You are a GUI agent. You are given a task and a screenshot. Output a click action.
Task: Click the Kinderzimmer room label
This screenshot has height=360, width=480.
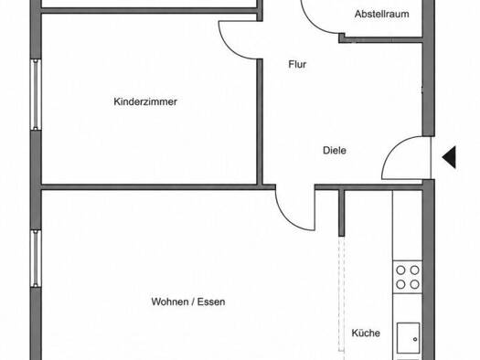click(145, 101)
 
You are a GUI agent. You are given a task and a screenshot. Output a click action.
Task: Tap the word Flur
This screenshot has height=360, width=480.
click(297, 64)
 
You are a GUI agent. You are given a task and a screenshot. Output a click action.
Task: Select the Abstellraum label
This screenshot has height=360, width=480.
click(382, 14)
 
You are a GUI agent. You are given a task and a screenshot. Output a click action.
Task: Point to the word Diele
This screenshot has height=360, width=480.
click(335, 150)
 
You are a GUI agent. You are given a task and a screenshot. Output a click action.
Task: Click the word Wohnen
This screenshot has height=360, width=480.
click(169, 302)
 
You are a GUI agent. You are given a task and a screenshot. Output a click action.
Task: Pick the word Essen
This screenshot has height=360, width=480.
click(211, 302)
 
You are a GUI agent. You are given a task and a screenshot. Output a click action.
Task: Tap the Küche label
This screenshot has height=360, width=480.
click(366, 333)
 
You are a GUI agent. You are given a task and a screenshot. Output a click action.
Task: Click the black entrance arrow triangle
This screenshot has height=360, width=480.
click(449, 157)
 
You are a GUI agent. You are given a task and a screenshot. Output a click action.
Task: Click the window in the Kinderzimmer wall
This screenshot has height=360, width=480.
click(36, 95)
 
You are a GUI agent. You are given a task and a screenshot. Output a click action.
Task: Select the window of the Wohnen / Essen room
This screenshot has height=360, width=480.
click(36, 259)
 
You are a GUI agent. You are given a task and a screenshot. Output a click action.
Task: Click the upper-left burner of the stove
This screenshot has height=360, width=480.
click(400, 270)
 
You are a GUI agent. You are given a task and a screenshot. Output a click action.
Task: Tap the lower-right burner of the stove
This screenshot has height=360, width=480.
click(414, 284)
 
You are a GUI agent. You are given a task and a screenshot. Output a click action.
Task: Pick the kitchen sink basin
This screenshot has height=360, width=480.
click(408, 338)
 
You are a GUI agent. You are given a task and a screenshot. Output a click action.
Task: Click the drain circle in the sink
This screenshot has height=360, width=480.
click(415, 339)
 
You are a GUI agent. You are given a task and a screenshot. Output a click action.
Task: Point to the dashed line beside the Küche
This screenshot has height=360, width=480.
click(342, 298)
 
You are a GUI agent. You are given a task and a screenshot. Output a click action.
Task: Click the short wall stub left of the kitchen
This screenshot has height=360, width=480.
click(342, 213)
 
